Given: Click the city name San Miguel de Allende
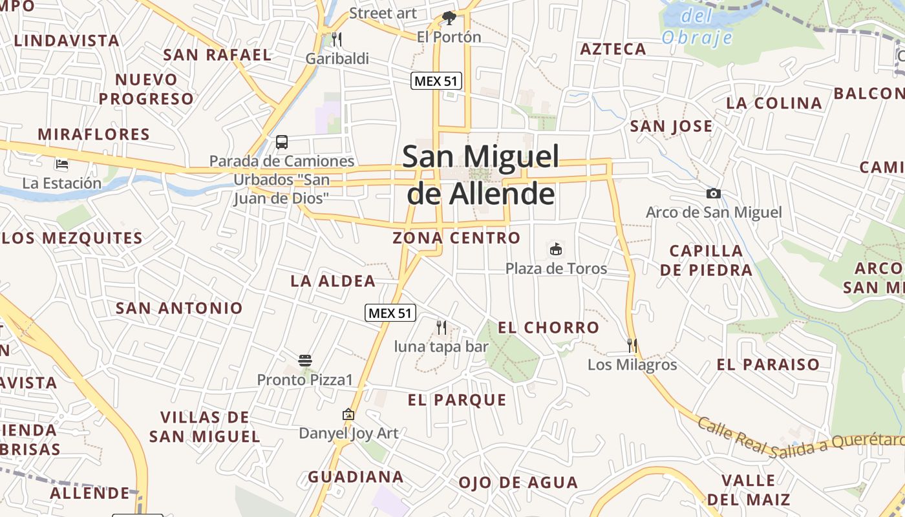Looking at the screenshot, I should [x=481, y=174].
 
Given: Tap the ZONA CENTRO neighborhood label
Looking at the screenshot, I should [x=456, y=238].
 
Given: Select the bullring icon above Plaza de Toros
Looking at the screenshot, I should [x=555, y=249].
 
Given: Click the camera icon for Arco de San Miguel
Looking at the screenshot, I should [x=714, y=193].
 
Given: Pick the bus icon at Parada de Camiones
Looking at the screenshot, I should [x=282, y=142].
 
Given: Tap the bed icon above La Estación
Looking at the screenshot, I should [x=61, y=164].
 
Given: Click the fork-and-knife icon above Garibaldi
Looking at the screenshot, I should [x=336, y=39].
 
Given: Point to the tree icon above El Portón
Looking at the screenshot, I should [x=449, y=17].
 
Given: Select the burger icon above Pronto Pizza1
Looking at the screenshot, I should [x=305, y=360].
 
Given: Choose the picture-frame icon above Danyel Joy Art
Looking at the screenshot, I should [x=348, y=414].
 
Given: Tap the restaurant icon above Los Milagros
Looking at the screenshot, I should [x=632, y=346].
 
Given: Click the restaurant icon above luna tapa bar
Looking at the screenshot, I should [x=442, y=328].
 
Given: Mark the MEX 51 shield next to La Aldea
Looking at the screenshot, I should [x=389, y=313].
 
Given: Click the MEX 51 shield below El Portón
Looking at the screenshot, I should [x=436, y=81].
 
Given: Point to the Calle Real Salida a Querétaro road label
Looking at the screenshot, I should [x=801, y=439].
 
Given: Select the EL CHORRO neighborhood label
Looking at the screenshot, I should [x=548, y=328].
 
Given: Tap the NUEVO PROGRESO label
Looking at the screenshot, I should [x=146, y=89].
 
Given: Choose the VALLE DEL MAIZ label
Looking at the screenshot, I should [x=749, y=490].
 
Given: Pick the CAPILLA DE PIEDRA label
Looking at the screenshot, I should [x=706, y=260].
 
